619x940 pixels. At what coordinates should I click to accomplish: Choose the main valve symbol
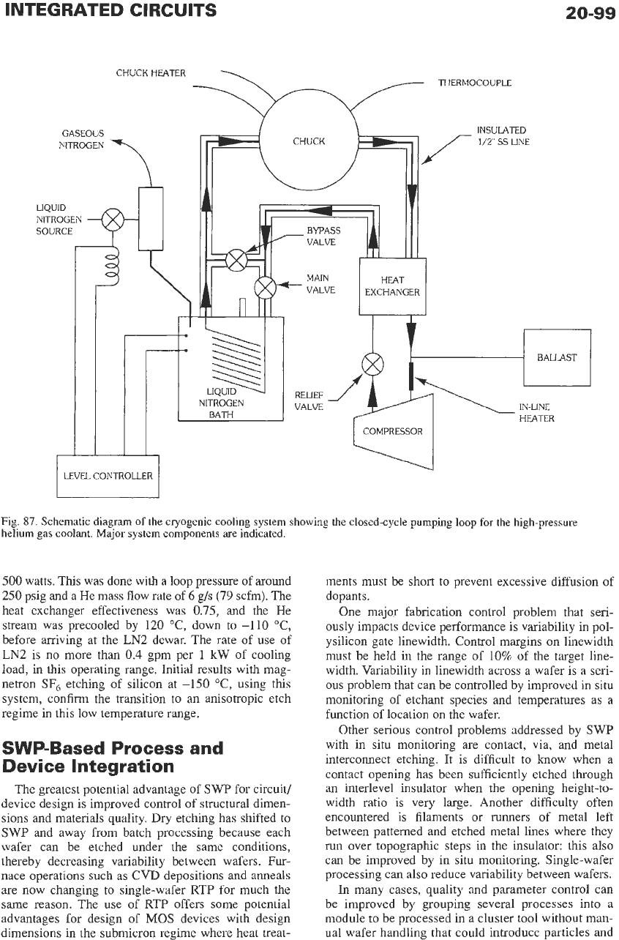coord(266,288)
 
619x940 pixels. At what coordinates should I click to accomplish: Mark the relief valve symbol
coord(372,364)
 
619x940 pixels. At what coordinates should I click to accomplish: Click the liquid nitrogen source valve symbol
coord(113,220)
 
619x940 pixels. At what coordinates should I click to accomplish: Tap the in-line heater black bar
coord(411,376)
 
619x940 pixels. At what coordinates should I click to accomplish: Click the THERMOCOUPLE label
coord(475,83)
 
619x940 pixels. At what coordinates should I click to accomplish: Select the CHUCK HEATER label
coord(151,73)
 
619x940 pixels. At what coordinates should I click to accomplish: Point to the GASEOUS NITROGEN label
coord(83,139)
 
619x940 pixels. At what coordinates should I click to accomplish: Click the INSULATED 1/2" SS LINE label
coord(503,136)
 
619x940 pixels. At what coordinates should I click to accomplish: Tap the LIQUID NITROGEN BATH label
coord(221,403)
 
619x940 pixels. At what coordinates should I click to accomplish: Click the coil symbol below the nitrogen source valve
coord(113,266)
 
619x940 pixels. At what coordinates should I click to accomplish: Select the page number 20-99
coord(590,13)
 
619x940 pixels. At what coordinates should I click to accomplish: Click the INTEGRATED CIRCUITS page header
coord(110,10)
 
